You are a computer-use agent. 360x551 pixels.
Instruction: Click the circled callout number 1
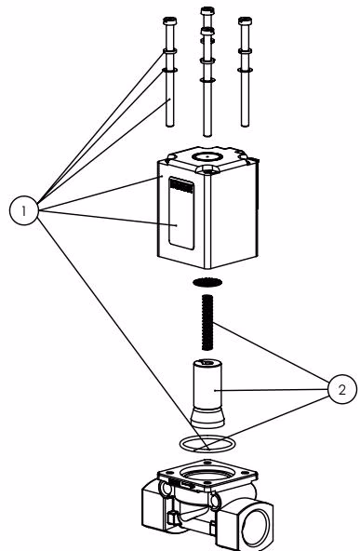pos(23,211)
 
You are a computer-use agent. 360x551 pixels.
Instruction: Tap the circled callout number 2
pos(342,389)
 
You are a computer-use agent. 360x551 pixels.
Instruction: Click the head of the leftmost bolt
pos(169,20)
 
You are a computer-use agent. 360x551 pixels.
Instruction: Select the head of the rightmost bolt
pos(245,20)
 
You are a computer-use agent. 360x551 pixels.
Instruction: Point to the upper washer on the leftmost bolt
pos(169,51)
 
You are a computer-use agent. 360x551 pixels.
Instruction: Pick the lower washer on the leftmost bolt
pos(169,71)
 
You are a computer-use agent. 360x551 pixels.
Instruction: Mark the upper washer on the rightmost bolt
pos(245,51)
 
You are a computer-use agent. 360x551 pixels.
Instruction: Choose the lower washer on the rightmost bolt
pos(245,71)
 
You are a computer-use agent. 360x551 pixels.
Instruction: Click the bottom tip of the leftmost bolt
pos(170,126)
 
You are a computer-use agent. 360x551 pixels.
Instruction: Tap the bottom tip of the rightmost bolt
pos(245,126)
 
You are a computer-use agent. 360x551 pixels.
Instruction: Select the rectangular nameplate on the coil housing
pos(181,213)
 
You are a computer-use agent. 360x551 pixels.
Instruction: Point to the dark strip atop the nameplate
pos(181,185)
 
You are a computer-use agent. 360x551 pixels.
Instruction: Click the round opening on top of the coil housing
pos(207,156)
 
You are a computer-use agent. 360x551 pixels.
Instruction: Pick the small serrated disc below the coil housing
pos(207,282)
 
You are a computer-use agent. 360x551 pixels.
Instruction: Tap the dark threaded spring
pos(207,323)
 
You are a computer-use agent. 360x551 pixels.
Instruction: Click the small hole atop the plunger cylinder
pos(207,362)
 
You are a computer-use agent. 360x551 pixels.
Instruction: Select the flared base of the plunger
pos(207,418)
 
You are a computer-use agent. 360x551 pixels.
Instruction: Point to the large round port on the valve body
pos(259,525)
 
